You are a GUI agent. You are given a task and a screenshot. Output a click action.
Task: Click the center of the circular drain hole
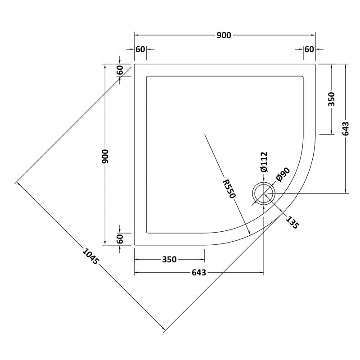tap(263, 193)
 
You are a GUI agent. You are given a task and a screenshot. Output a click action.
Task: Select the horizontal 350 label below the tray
tap(169, 260)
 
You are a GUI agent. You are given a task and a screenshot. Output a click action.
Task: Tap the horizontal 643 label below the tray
tap(198, 273)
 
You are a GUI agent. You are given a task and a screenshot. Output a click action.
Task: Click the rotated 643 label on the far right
tap(346, 129)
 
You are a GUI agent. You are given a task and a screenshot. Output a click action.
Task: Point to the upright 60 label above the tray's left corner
tap(140, 49)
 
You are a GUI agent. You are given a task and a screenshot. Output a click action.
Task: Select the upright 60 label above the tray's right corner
tap(309, 49)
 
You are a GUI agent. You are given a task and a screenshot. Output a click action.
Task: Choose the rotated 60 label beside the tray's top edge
tap(120, 71)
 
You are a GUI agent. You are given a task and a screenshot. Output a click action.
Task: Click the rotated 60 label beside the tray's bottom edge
tap(120, 239)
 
